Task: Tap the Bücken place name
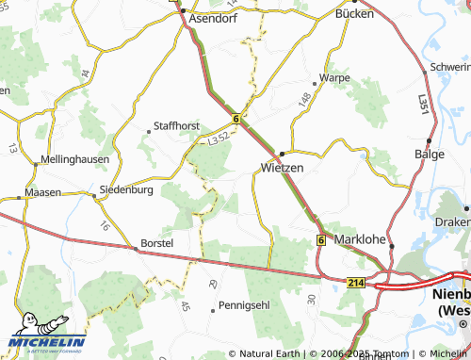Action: pyautogui.click(x=356, y=16)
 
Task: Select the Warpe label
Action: pyautogui.click(x=334, y=77)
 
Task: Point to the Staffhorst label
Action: pyautogui.click(x=178, y=125)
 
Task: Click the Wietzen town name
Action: pyautogui.click(x=281, y=168)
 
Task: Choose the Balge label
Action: pyautogui.click(x=430, y=154)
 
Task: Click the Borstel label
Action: pyautogui.click(x=156, y=243)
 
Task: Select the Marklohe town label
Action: pyautogui.click(x=361, y=239)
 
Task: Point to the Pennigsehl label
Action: pyautogui.click(x=244, y=306)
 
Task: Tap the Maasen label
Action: pyautogui.click(x=43, y=192)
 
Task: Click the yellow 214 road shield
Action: pyautogui.click(x=355, y=283)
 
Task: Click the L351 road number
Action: pyautogui.click(x=425, y=106)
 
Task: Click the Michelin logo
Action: pyautogui.click(x=47, y=343)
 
